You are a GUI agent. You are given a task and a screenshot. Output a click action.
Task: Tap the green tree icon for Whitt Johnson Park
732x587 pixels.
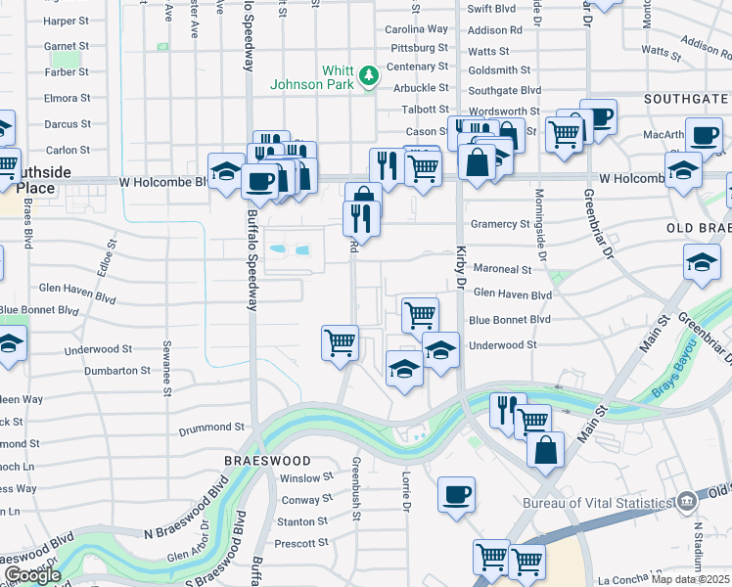tap(368, 76)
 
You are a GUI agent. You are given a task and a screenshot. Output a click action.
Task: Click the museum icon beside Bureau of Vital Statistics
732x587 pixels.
tap(686, 502)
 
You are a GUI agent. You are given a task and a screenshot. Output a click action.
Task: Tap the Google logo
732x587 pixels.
tap(32, 575)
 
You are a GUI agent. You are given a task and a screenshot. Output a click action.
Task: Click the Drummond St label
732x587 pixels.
tap(210, 428)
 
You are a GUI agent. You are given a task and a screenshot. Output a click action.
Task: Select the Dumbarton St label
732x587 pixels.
tap(116, 371)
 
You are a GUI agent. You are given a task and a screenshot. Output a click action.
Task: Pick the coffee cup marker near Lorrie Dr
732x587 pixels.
tap(456, 495)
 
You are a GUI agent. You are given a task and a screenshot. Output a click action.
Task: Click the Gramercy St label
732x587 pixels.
tap(499, 224)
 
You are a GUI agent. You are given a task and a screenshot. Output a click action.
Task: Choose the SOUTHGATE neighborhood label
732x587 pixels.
tap(686, 99)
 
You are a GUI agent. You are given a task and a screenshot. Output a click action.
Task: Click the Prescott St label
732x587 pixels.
tap(300, 544)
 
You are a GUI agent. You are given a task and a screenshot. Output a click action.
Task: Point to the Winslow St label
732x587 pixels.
tap(306, 478)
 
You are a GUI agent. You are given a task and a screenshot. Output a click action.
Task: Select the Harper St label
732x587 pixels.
tap(67, 21)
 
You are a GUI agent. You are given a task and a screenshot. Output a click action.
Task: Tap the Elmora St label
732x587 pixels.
tap(67, 98)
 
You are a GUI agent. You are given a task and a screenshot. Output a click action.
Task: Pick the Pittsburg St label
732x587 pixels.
tap(418, 47)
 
